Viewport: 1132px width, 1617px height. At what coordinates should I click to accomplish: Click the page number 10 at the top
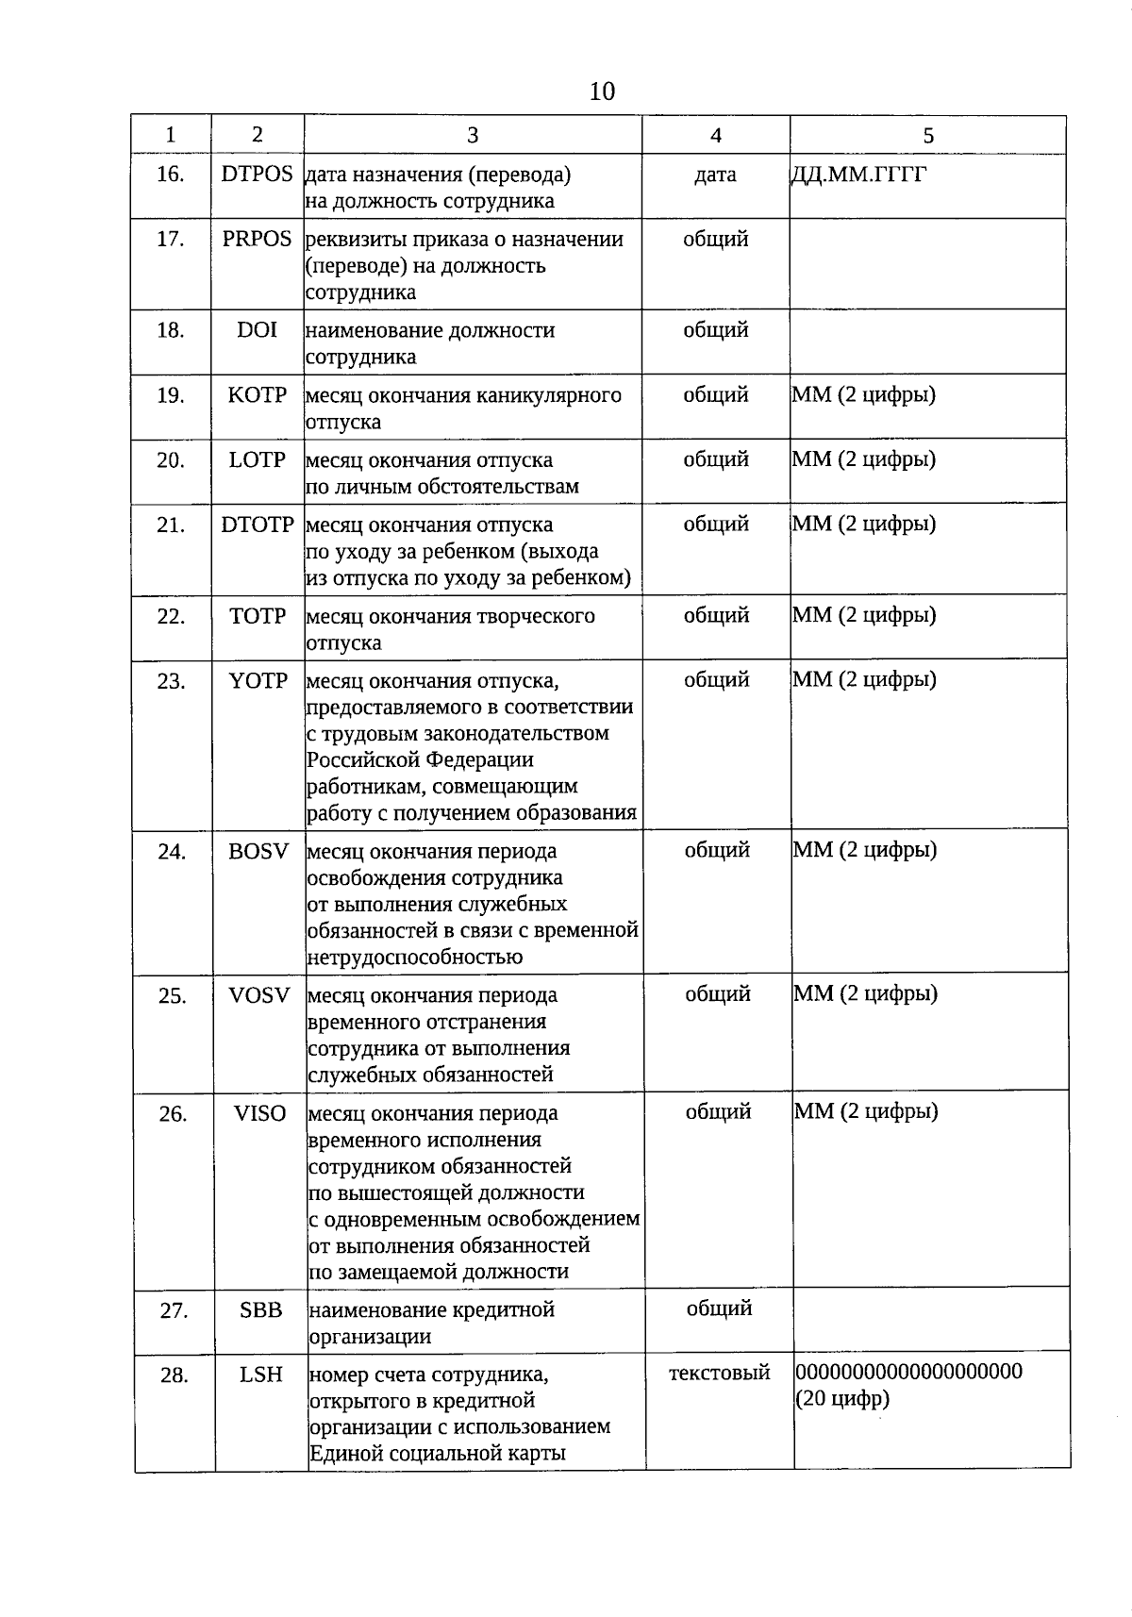[x=602, y=92]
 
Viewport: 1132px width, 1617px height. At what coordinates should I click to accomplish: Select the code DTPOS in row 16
[x=258, y=175]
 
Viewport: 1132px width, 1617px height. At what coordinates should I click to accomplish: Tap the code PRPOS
[x=258, y=239]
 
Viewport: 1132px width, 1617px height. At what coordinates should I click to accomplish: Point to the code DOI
[x=258, y=330]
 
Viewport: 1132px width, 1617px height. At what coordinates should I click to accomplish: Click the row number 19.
[x=171, y=395]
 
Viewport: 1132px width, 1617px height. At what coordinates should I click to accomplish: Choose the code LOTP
[x=258, y=460]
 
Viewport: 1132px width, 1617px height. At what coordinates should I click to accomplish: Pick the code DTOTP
[x=258, y=525]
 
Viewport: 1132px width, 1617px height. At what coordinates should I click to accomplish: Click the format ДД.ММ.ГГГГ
[x=859, y=175]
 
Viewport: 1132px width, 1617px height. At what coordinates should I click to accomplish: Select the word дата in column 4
[x=715, y=175]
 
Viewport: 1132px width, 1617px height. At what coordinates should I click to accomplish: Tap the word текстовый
[x=720, y=1373]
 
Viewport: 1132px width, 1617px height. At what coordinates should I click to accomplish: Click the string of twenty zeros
[x=909, y=1372]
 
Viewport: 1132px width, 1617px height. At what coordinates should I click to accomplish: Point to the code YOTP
[x=258, y=680]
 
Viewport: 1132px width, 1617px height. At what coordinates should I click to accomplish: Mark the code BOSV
[x=258, y=851]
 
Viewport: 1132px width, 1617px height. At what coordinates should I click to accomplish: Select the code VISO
[x=260, y=1113]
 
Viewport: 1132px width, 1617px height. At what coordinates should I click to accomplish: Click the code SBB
[x=261, y=1309]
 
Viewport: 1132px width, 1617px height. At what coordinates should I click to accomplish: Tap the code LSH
[x=261, y=1375]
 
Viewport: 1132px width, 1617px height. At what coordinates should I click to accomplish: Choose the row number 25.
[x=172, y=996]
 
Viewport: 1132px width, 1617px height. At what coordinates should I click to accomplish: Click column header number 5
[x=928, y=135]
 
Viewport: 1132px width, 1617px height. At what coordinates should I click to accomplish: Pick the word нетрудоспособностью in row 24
[x=415, y=958]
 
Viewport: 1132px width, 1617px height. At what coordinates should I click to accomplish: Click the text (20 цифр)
[x=843, y=1398]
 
